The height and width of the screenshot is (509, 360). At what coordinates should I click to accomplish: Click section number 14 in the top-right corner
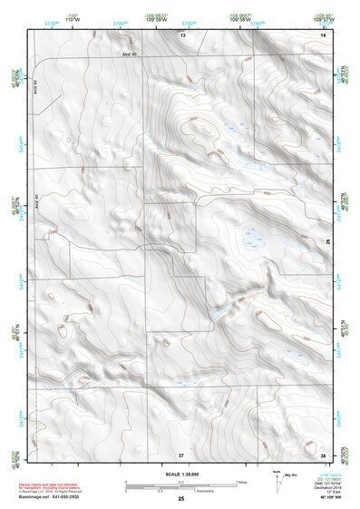[x=324, y=34]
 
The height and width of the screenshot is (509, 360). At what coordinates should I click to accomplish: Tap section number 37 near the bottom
[x=181, y=454]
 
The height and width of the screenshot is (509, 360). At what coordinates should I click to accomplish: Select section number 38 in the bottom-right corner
[x=324, y=454]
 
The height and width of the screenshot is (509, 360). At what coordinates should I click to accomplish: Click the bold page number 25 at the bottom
[x=181, y=499]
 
